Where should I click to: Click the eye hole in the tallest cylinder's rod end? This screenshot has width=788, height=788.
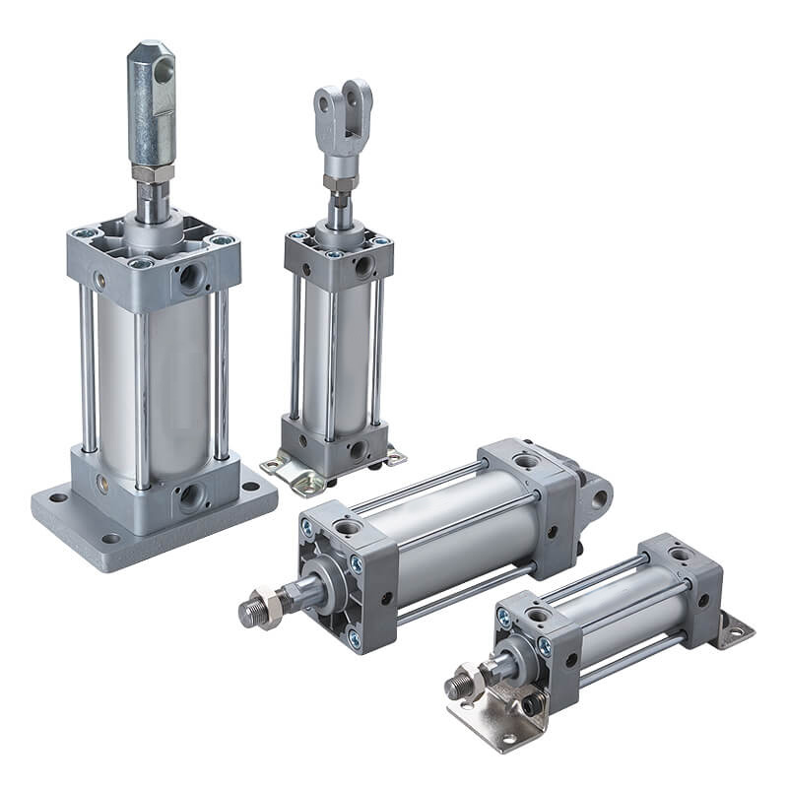[164, 69]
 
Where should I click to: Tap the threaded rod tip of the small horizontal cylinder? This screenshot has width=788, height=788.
[454, 687]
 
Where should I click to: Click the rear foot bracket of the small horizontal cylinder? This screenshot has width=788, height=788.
[734, 630]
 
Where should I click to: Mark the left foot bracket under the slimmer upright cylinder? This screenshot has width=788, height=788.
[286, 471]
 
